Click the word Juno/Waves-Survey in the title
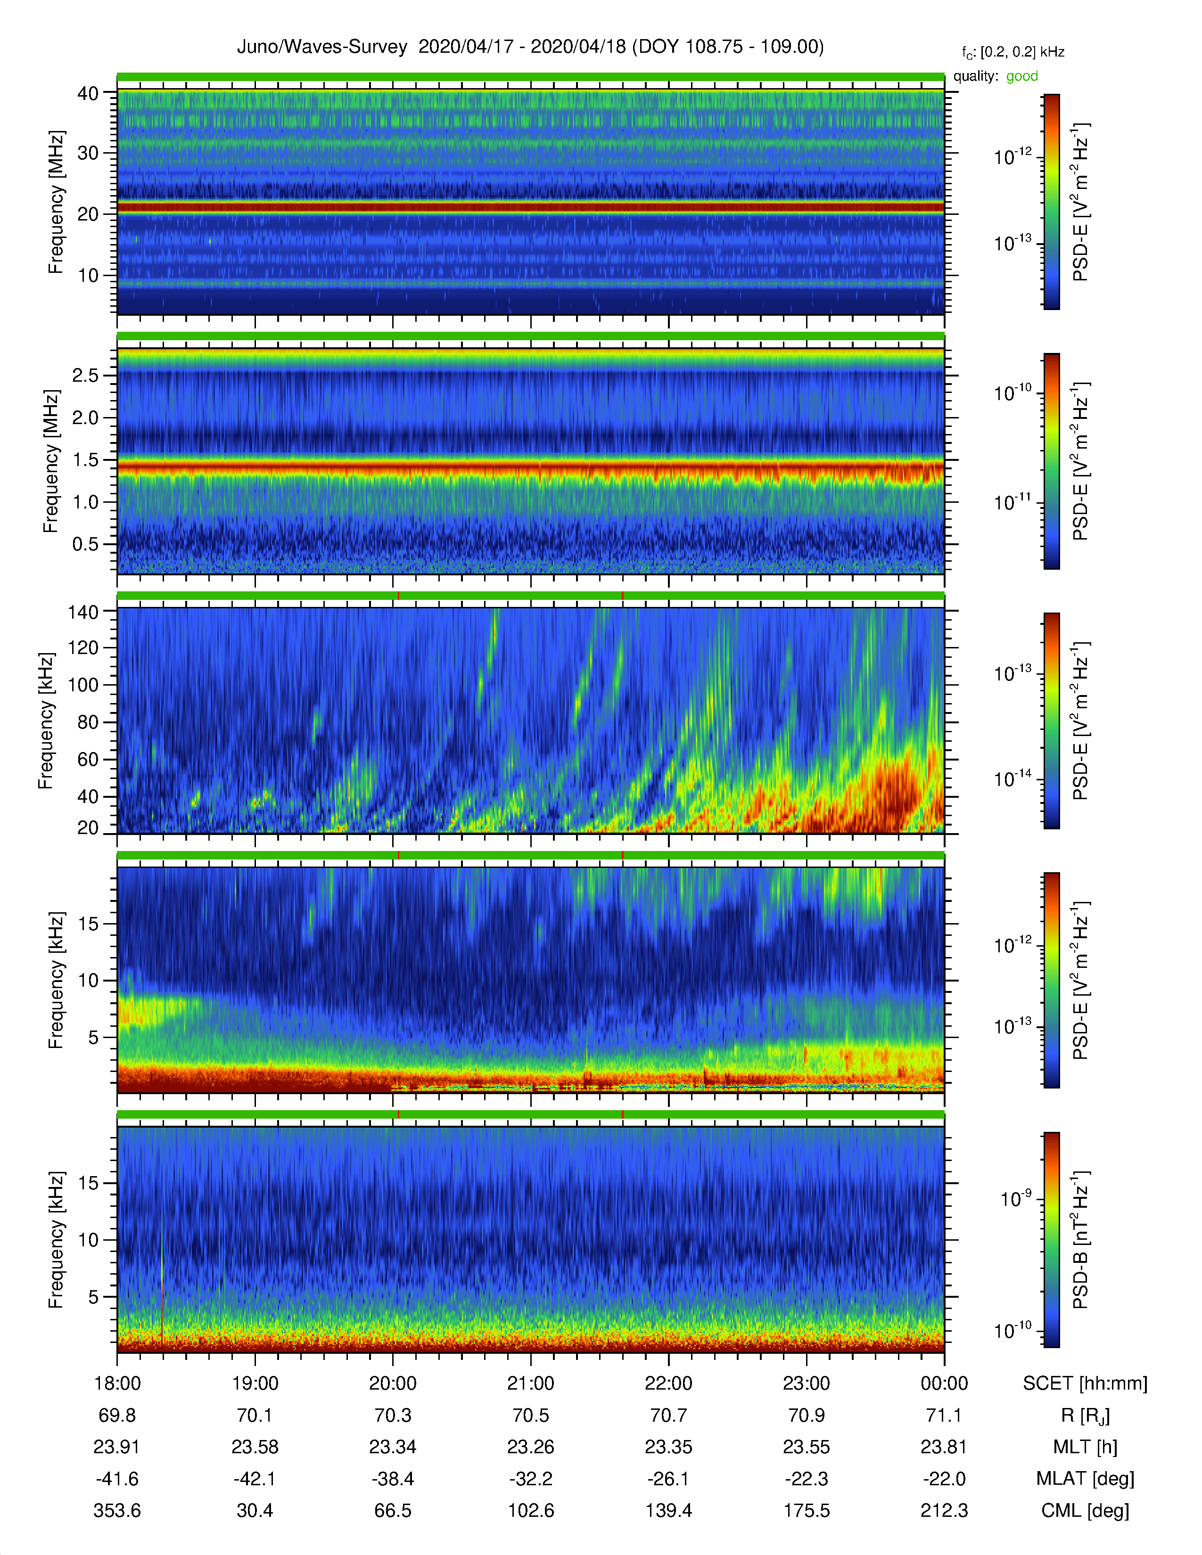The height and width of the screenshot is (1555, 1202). click(322, 47)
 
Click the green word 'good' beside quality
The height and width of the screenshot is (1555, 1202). click(1022, 76)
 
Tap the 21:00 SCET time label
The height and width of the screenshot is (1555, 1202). click(530, 1383)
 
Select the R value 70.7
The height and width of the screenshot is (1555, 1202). click(669, 1416)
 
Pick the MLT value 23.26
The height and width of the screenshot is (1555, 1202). click(530, 1448)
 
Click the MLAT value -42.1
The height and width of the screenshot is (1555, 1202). click(255, 1479)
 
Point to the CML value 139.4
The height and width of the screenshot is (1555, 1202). click(669, 1511)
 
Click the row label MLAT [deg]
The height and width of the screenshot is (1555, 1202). click(1085, 1479)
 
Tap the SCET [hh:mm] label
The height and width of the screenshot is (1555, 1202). click(1085, 1383)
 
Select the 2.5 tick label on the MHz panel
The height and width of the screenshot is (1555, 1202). click(85, 375)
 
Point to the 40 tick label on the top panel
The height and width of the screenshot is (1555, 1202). click(88, 93)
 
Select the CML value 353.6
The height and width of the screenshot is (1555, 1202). click(117, 1511)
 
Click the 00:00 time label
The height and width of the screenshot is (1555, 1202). click(944, 1383)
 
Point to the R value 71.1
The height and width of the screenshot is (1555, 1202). click(944, 1416)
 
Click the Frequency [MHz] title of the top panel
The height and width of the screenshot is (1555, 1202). click(56, 202)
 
